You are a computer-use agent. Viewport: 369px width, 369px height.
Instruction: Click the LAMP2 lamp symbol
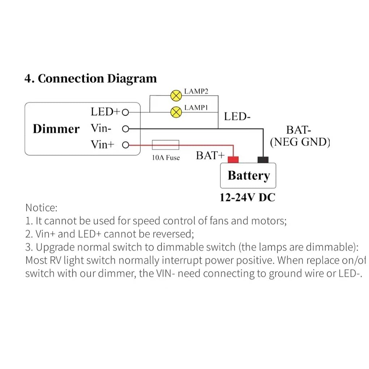tap(176, 96)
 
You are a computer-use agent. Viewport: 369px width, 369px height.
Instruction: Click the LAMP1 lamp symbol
tap(176, 112)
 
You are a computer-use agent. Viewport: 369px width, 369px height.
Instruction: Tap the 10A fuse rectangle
tap(166, 145)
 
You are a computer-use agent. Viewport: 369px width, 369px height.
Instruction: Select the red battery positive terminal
tap(233, 160)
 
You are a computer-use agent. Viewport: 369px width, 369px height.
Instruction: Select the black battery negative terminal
tap(263, 160)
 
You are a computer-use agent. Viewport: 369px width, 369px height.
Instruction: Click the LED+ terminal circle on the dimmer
tap(126, 112)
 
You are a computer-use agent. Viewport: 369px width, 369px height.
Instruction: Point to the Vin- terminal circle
tap(126, 128)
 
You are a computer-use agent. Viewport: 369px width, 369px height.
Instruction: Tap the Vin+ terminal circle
tap(126, 145)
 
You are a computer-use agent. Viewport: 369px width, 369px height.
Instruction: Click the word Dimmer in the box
tap(56, 129)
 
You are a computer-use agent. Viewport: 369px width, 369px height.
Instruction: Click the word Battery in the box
tap(249, 175)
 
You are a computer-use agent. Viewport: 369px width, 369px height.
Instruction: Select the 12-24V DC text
tap(247, 198)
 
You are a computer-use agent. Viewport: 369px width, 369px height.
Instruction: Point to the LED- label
tap(237, 116)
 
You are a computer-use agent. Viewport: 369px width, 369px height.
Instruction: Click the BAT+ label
tap(210, 156)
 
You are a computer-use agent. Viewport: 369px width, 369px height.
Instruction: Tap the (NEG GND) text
tap(300, 142)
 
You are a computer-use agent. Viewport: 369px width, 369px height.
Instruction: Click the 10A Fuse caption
tap(166, 158)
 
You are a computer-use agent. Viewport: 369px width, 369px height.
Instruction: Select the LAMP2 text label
tap(196, 92)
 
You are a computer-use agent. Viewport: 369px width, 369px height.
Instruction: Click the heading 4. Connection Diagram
tap(90, 79)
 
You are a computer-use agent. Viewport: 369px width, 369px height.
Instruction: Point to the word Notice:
tap(41, 208)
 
